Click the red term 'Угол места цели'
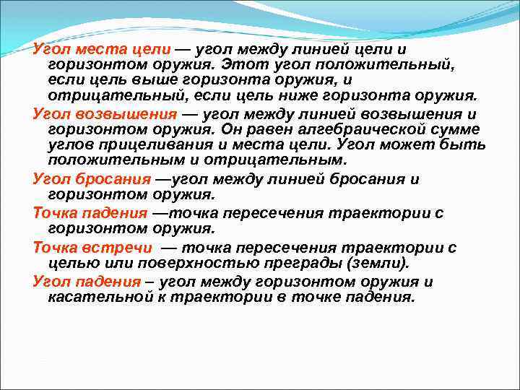click(x=102, y=50)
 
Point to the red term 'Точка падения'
click(x=90, y=214)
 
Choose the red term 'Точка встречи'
click(x=90, y=248)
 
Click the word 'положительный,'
click(x=394, y=66)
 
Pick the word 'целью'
click(x=69, y=263)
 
